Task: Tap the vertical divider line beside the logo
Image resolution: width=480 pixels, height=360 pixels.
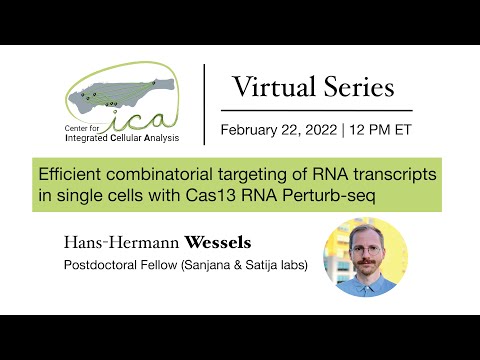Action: pyautogui.click(x=205, y=105)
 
